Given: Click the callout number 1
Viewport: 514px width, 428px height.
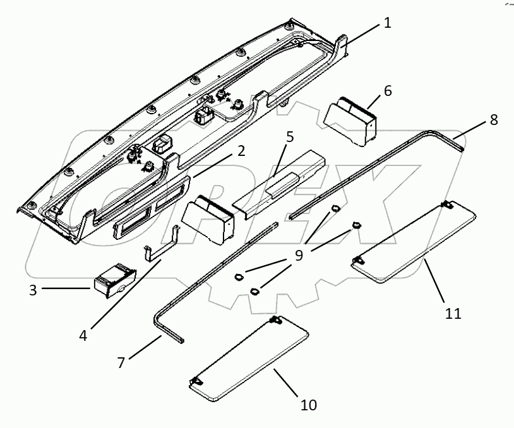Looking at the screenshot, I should click(387, 24).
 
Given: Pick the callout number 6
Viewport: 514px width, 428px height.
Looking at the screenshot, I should click(387, 91).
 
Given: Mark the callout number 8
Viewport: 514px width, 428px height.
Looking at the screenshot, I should click(494, 119).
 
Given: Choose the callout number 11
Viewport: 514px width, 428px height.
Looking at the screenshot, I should click(453, 313).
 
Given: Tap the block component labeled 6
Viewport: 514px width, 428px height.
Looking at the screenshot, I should click(351, 120).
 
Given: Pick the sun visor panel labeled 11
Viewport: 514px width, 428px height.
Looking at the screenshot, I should click(414, 239).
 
